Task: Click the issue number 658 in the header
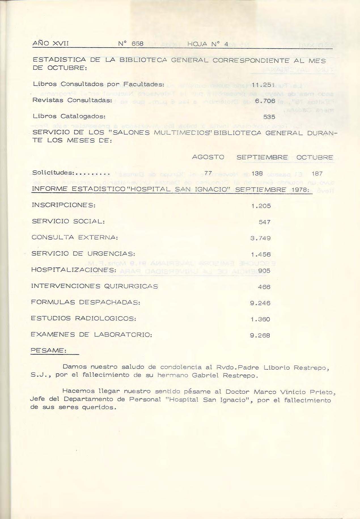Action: pyautogui.click(x=138, y=44)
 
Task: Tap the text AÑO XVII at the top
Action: pyautogui.click(x=51, y=43)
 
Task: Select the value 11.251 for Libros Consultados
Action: pyautogui.click(x=263, y=84)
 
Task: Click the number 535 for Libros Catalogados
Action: pyautogui.click(x=269, y=116)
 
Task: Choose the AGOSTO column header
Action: pyautogui.click(x=208, y=157)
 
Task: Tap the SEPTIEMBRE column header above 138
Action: pyautogui.click(x=262, y=157)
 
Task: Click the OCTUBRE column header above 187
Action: pyautogui.click(x=314, y=157)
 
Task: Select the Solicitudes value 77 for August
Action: pyautogui.click(x=208, y=173)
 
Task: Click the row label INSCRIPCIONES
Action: pyautogui.click(x=63, y=205)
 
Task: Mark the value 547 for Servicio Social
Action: pyautogui.click(x=265, y=222)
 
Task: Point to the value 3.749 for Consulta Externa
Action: pyautogui.click(x=261, y=238)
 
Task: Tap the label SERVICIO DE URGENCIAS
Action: pyautogui.click(x=83, y=253)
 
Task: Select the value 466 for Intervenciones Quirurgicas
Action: pyautogui.click(x=264, y=287)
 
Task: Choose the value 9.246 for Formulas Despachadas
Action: pyautogui.click(x=260, y=303)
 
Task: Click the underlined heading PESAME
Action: pyautogui.click(x=48, y=350)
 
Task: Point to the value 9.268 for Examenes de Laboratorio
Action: pyautogui.click(x=260, y=335)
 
